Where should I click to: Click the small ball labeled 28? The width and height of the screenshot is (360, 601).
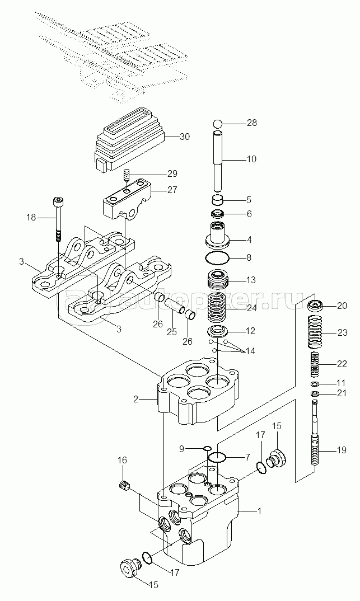[x=217, y=124]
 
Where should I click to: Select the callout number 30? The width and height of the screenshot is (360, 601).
[x=184, y=137]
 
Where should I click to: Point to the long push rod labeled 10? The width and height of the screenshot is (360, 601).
[x=218, y=162]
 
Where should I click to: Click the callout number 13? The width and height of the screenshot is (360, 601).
[x=250, y=280]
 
